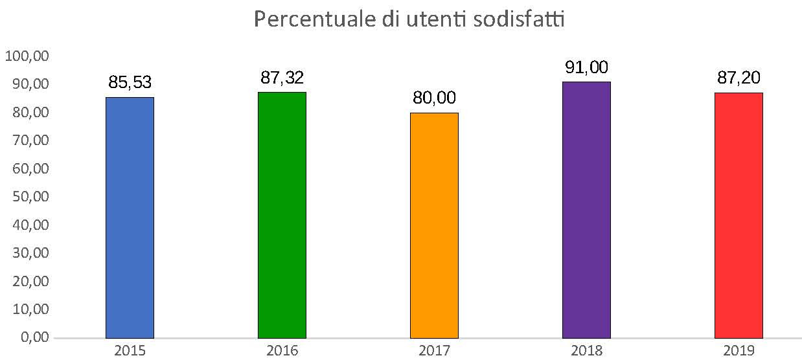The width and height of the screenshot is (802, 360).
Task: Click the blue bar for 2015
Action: click(130, 218)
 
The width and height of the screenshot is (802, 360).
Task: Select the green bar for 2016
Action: click(282, 215)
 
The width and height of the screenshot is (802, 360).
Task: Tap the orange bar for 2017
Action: click(434, 225)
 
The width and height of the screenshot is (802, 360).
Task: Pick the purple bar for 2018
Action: click(586, 210)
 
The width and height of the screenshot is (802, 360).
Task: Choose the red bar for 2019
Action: click(739, 215)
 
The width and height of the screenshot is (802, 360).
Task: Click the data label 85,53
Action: click(130, 83)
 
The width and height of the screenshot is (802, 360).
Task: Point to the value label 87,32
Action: click(282, 78)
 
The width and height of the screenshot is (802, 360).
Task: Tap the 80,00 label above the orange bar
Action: click(434, 98)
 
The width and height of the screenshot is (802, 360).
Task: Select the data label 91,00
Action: click(586, 67)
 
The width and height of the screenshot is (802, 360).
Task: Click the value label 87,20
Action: click(739, 78)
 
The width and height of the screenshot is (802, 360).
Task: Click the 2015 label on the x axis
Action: click(130, 350)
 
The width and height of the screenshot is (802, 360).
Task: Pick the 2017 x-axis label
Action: click(434, 350)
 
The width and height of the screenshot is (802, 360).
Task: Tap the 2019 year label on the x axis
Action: click(739, 350)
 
